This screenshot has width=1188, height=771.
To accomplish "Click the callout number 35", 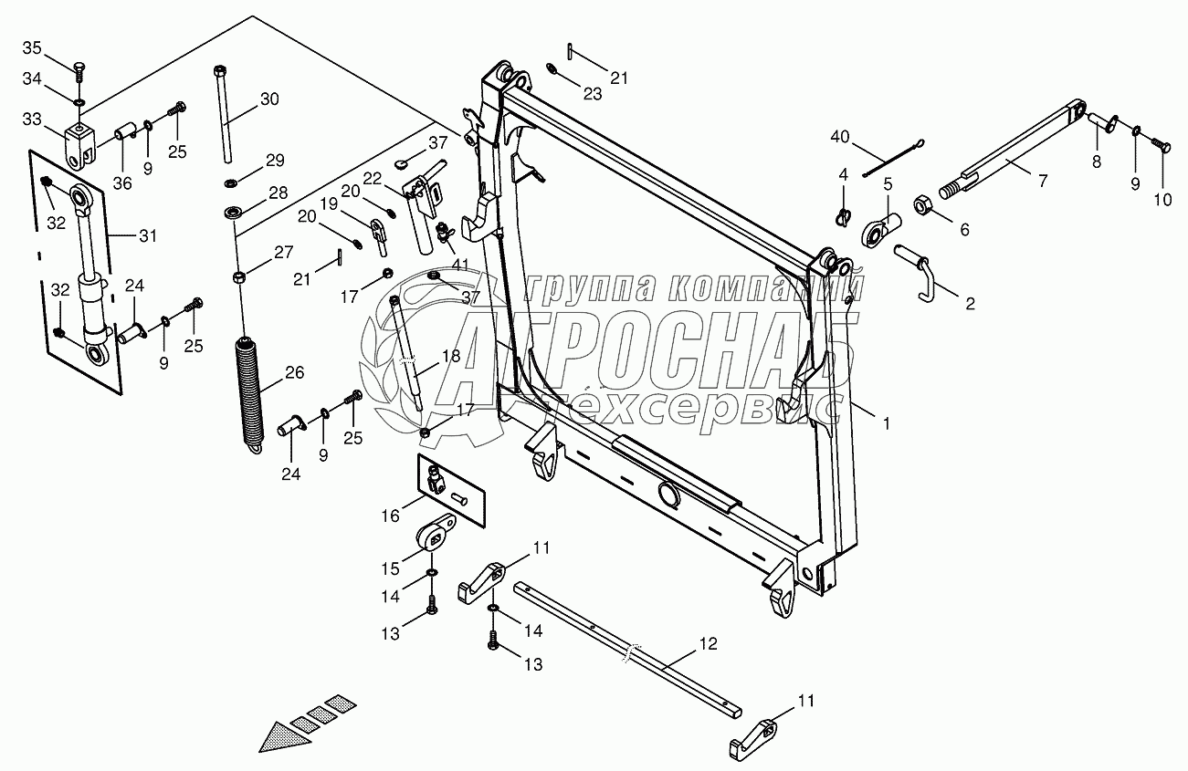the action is pos(32,47).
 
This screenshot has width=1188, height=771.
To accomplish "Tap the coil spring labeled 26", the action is pos(248,392).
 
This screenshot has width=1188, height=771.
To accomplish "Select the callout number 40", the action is pos(840,138).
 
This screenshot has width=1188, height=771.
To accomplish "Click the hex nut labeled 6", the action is pos(922,205).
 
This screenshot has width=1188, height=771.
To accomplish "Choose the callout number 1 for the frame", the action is pos(884,422).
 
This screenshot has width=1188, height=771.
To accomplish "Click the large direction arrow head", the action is pos(279,735).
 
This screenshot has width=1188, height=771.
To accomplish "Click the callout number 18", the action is pos(451,358).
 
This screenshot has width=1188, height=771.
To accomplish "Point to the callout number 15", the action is pos(390,568).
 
